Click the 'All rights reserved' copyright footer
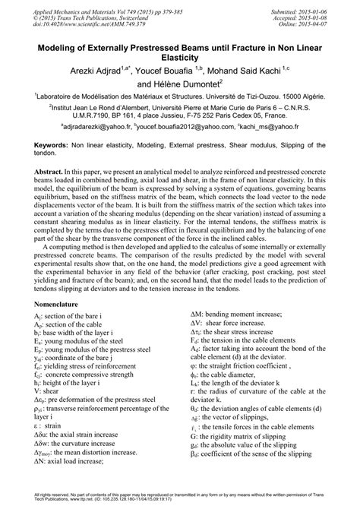tap(179, 497)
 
